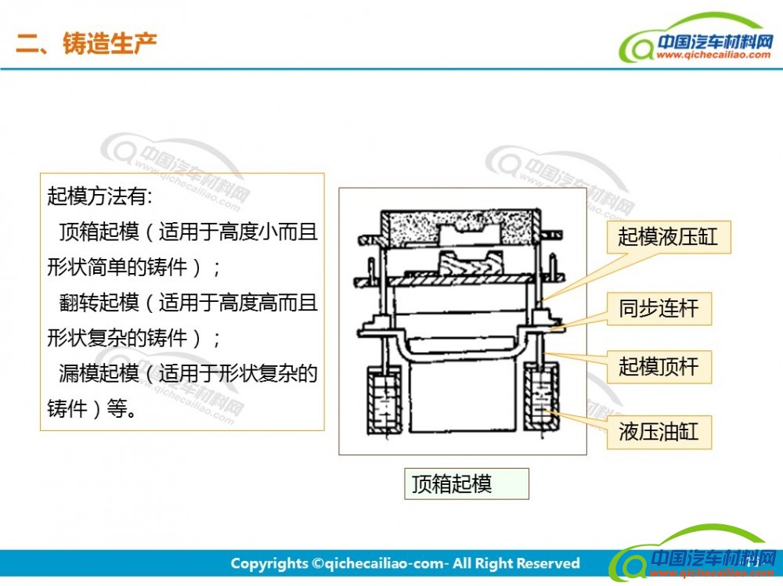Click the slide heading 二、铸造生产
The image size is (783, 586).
coord(86,43)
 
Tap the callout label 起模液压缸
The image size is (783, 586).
coord(668,236)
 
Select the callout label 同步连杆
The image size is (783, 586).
coord(659,308)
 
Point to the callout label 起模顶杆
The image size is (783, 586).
coord(659,367)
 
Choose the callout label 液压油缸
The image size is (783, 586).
coord(659,432)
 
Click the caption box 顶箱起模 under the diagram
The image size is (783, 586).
coord(467,484)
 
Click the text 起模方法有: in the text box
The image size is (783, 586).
coord(100,196)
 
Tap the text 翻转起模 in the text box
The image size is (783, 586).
coord(99,302)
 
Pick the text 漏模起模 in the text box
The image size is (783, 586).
coord(99,373)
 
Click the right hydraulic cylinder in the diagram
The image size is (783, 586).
coord(541,397)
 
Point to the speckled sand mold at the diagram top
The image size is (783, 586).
coord(460,228)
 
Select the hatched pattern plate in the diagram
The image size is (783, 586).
coord(460,280)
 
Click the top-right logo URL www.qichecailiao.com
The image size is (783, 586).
coord(713,55)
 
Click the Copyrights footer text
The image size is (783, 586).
coord(405,563)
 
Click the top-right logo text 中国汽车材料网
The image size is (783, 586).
coord(715,41)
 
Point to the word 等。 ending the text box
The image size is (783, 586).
coord(122,409)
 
